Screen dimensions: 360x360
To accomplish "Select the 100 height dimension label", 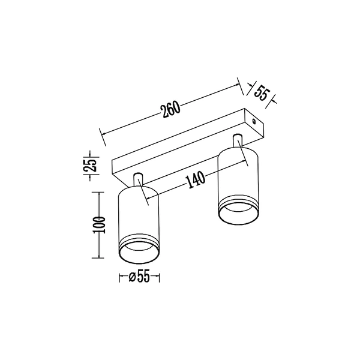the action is pos(99,225).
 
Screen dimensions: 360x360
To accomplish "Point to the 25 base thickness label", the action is pos(89,165).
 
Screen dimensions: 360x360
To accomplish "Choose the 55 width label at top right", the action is pos(261,93).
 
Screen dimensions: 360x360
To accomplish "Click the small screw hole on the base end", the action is pos(254,121).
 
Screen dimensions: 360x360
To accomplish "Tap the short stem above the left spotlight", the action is pos(138,180).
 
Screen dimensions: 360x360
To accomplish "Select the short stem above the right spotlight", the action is pos(238,140).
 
